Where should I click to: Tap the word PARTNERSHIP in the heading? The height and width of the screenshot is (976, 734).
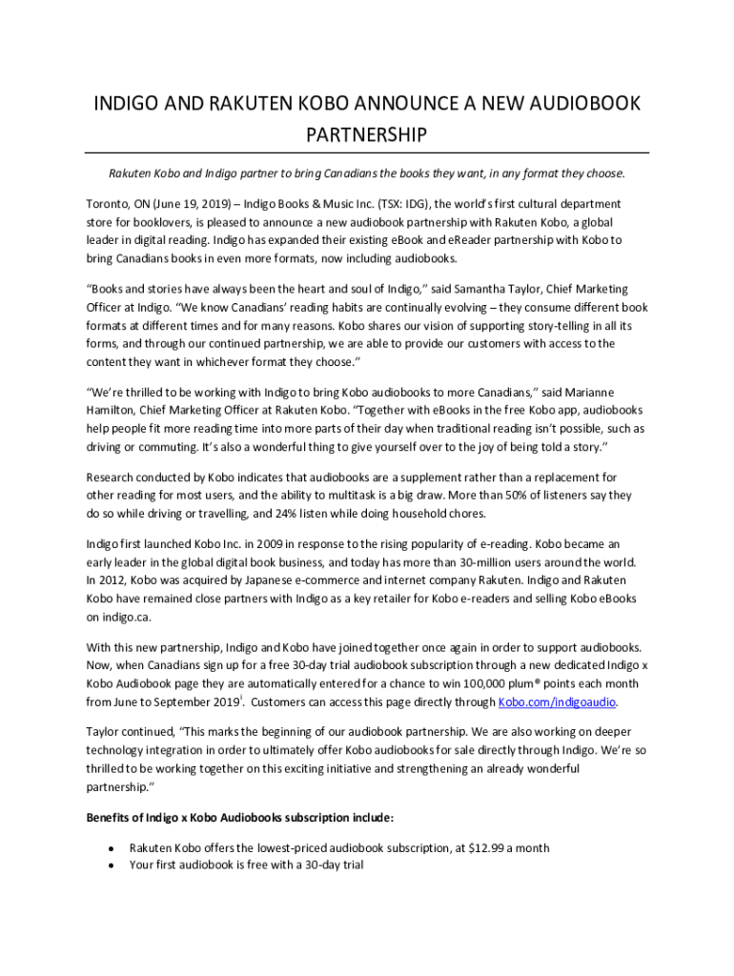[366, 135]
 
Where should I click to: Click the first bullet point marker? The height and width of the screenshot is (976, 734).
[112, 848]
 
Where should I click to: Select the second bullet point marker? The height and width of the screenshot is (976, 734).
[112, 866]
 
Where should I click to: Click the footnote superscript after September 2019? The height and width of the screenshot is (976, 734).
[241, 699]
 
